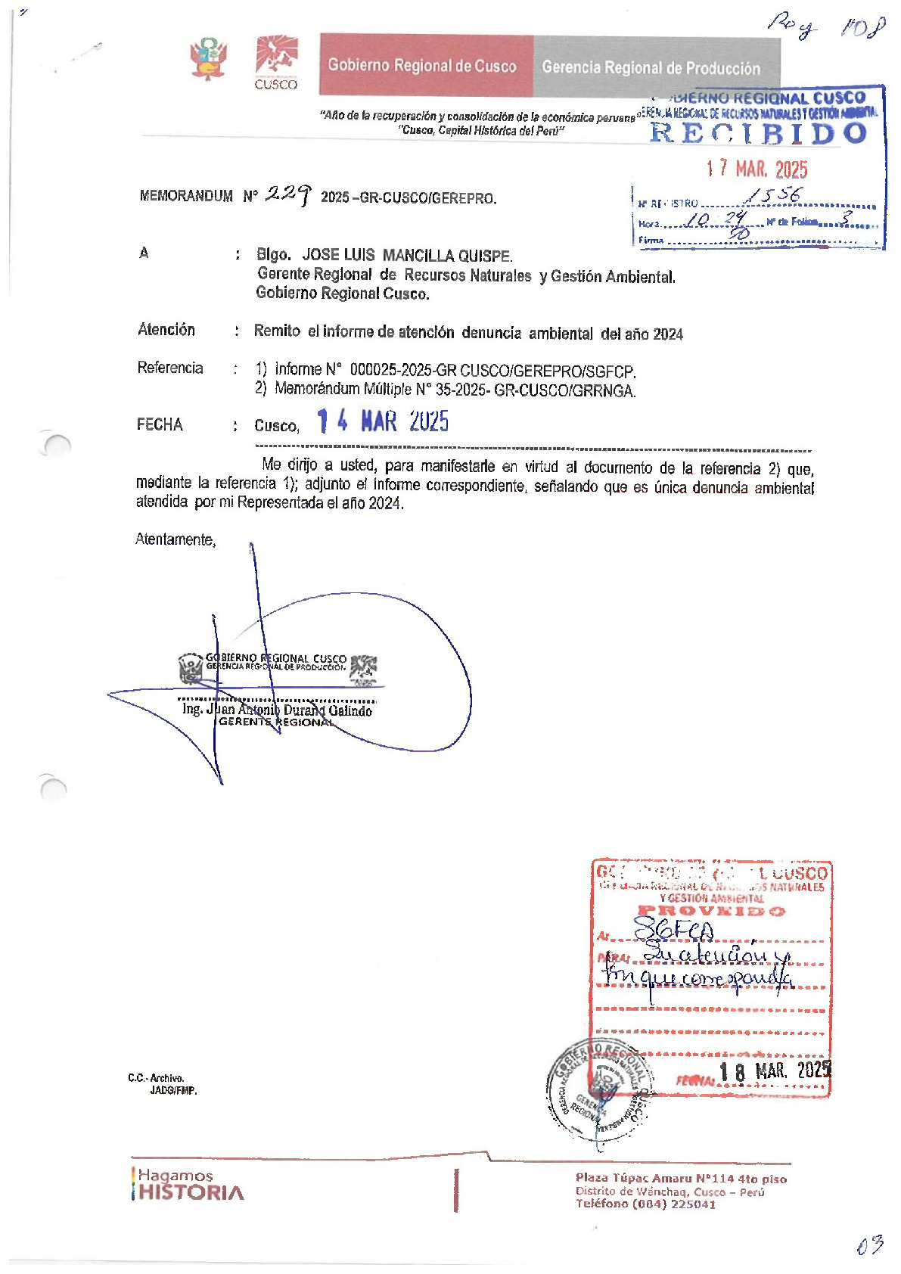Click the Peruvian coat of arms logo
click(208, 59)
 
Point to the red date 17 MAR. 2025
click(757, 169)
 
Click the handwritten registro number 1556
click(772, 195)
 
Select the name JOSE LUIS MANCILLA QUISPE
click(407, 256)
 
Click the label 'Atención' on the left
click(166, 330)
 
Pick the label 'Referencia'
click(170, 368)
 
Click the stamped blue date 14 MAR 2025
click(383, 421)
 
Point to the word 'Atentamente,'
click(176, 539)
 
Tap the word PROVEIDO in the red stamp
click(711, 911)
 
